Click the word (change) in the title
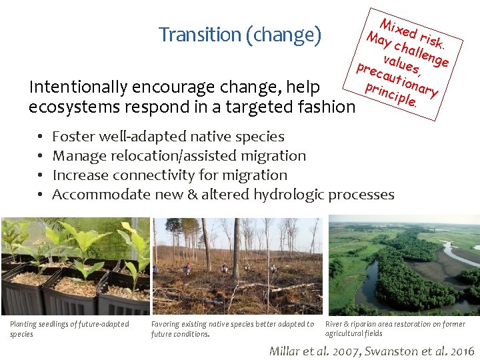(x=283, y=35)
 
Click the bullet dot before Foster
(x=40, y=137)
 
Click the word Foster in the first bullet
(x=73, y=137)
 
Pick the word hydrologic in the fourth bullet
(x=290, y=195)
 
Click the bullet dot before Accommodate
(x=40, y=195)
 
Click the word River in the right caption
(x=334, y=325)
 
